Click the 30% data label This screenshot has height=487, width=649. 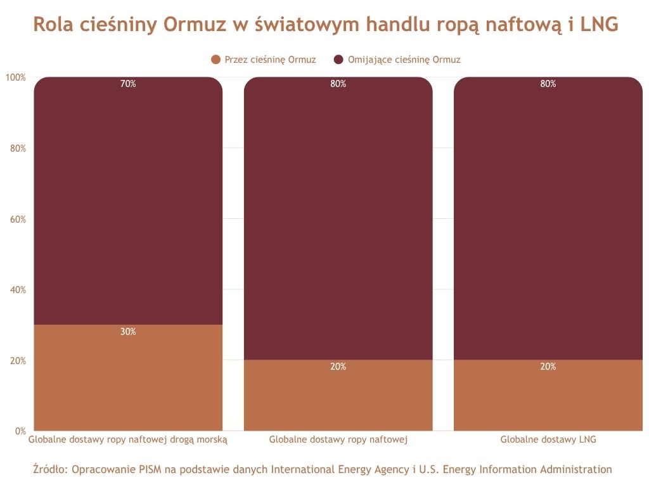point(128,332)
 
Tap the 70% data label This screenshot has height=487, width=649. point(128,84)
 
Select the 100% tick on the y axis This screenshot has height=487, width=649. point(16,77)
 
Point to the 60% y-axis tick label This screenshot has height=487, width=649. point(18,219)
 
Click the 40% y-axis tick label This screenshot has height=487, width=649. point(18,290)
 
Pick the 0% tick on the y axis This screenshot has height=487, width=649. point(20,431)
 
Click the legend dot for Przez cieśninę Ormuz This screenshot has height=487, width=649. point(216,60)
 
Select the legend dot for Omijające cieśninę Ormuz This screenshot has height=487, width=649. point(338,60)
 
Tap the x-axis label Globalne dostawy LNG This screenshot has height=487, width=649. point(548,439)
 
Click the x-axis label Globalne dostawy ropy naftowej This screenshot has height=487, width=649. point(338,439)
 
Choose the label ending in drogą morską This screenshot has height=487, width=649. point(128,439)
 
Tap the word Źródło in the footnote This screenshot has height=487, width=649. point(49,470)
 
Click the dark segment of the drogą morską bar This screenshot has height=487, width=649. point(128,203)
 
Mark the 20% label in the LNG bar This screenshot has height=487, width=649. point(548,367)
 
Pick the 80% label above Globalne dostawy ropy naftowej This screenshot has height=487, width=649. point(338,84)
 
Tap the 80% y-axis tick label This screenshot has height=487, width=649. point(18,148)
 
